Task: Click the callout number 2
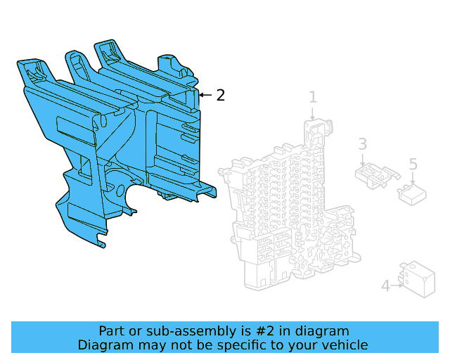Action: [x=221, y=95]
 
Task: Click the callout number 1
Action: [x=313, y=98]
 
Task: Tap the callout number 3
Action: [x=362, y=144]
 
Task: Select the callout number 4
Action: [x=385, y=286]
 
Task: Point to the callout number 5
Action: [x=413, y=164]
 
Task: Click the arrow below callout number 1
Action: [x=313, y=114]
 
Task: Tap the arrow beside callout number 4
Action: [x=398, y=285]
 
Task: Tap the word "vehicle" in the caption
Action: [x=346, y=345]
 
